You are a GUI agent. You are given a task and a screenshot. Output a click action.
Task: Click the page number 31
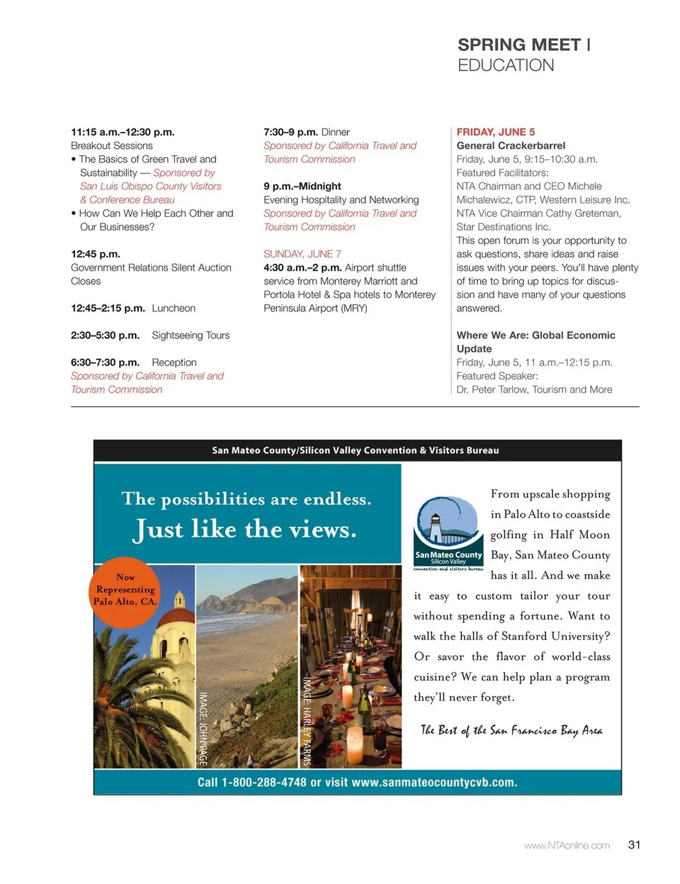click(634, 844)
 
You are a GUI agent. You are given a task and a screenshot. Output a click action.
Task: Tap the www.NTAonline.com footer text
click(567, 845)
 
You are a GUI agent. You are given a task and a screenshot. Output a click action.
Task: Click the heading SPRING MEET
click(518, 45)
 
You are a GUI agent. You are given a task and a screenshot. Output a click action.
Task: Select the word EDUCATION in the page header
click(506, 65)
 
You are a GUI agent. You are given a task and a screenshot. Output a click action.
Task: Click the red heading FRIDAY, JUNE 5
click(496, 132)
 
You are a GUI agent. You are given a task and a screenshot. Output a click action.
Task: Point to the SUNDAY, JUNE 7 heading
click(302, 254)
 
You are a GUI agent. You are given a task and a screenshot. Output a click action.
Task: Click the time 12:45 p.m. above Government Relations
click(96, 254)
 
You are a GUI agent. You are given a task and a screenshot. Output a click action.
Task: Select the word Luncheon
click(174, 308)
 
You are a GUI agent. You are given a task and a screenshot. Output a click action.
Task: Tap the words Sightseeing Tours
click(191, 335)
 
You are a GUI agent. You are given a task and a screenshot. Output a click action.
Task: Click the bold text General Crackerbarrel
click(511, 145)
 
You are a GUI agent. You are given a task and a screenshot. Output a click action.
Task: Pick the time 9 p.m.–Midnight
click(302, 186)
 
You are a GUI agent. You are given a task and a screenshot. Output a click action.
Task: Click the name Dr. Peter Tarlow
click(492, 389)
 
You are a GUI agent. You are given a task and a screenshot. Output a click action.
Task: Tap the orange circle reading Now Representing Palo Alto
click(125, 591)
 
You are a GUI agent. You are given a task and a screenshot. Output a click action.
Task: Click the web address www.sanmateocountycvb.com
click(433, 783)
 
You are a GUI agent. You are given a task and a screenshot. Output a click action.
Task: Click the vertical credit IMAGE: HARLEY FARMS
click(307, 720)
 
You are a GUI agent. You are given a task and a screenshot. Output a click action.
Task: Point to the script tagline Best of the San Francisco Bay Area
click(511, 730)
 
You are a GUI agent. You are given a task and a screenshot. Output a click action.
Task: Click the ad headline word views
click(311, 530)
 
